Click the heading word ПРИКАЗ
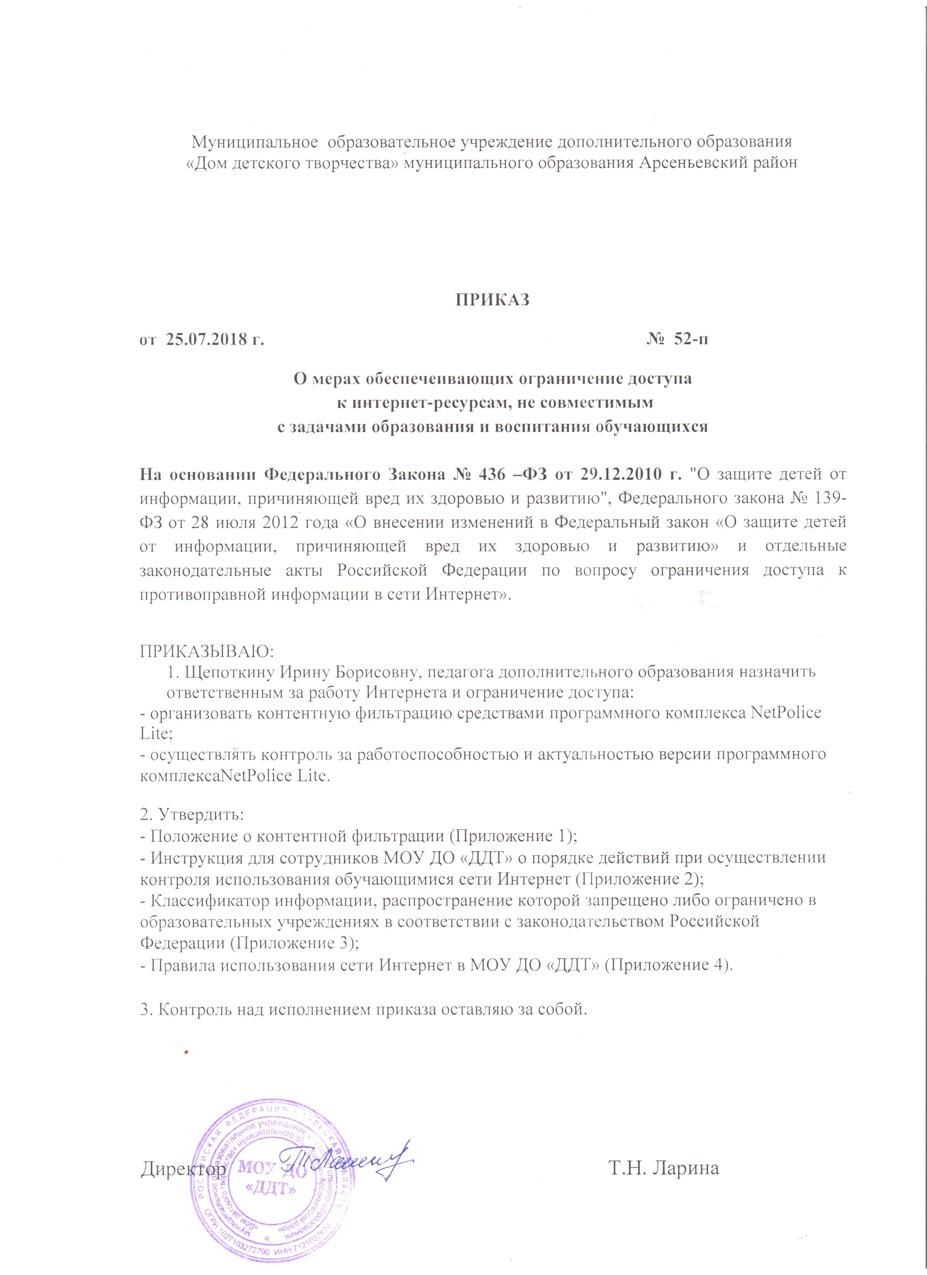click(492, 299)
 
